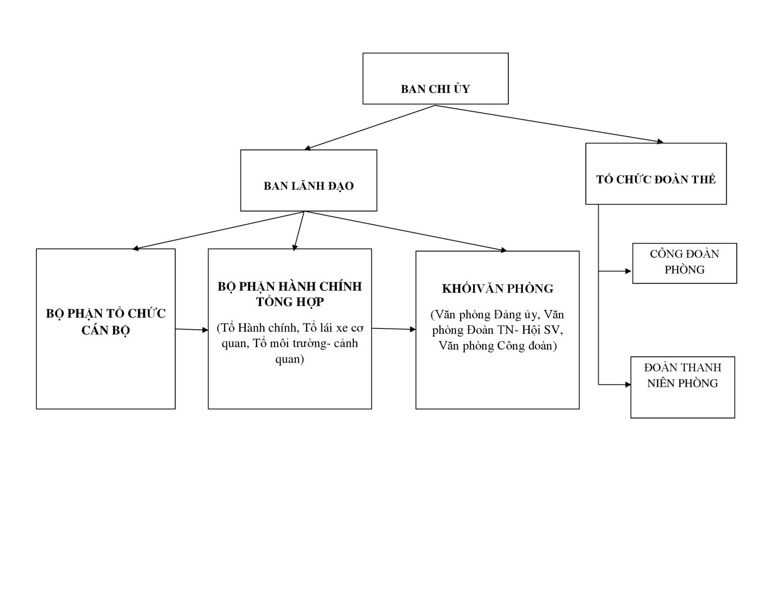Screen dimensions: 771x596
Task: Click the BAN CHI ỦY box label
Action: [435, 89]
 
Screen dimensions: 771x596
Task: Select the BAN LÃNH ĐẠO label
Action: [308, 186]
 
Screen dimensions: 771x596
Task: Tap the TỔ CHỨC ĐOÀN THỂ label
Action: [656, 179]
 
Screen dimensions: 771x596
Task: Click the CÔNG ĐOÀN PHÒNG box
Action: [685, 263]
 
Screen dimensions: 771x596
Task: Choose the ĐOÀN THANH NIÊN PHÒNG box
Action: [682, 387]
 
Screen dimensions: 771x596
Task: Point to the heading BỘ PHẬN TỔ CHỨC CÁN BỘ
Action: [106, 322]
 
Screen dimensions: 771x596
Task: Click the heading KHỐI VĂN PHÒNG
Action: [497, 289]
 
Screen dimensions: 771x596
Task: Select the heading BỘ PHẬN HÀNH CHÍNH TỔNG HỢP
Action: [289, 294]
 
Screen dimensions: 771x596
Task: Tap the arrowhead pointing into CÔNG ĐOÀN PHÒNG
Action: [629, 271]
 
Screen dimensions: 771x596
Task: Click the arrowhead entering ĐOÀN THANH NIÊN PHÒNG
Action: [628, 384]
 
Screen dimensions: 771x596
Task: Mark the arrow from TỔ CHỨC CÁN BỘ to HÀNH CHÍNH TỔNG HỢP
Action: [192, 330]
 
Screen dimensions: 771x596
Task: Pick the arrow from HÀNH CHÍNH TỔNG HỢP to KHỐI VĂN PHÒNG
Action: [394, 329]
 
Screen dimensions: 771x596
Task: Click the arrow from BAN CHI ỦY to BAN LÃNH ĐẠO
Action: [369, 128]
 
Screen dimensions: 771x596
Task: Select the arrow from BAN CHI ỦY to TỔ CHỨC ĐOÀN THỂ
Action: [549, 124]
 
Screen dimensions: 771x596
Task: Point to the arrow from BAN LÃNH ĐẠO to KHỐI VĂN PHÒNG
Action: [406, 231]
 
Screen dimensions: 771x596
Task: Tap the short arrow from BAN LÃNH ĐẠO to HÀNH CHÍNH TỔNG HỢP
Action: [299, 231]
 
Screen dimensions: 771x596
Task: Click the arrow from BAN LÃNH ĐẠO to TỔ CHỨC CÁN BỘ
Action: [218, 230]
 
